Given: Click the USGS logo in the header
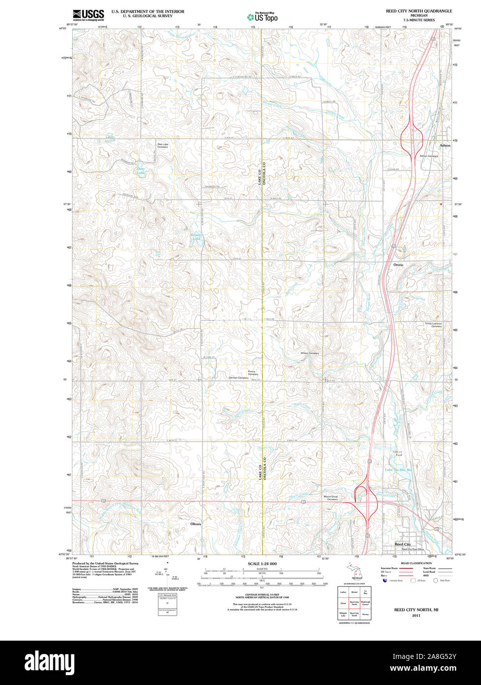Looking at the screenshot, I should [88, 14].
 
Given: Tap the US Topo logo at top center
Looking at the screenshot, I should [262, 17].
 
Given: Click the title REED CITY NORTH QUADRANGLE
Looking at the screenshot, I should [418, 10].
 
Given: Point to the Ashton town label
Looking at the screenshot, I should [445, 146].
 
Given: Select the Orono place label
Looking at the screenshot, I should [398, 265].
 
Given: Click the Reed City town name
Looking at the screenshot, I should [402, 544].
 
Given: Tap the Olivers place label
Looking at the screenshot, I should [195, 524].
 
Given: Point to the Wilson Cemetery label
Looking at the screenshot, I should [310, 353].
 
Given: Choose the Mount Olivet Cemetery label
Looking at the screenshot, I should [330, 498].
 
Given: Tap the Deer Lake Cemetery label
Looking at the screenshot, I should [162, 145].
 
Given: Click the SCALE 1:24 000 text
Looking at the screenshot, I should [262, 563].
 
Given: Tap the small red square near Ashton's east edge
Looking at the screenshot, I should [441, 203].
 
